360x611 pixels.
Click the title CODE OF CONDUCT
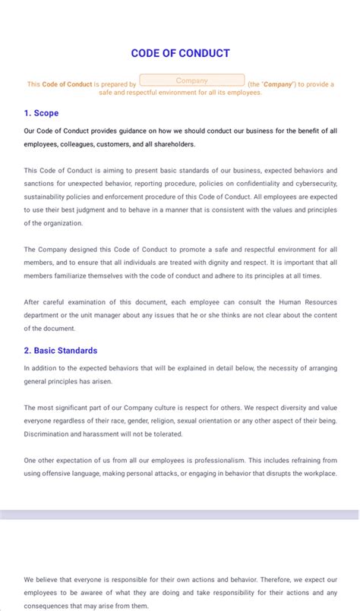click(180, 53)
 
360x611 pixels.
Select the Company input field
click(192, 80)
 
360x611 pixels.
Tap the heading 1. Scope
click(41, 113)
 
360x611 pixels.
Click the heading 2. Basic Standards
click(60, 351)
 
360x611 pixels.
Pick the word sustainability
click(48, 196)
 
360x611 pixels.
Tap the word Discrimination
click(49, 434)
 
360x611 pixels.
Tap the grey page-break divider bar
click(180, 515)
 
